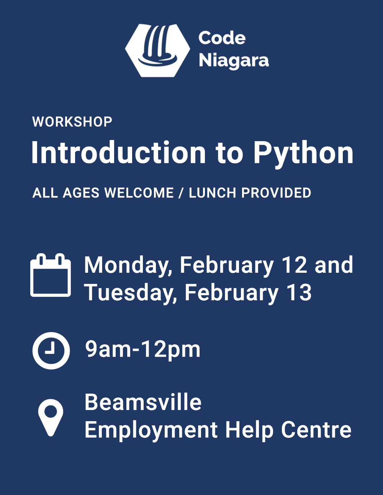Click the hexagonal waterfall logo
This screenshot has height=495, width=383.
tap(157, 50)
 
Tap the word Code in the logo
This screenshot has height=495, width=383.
tap(222, 38)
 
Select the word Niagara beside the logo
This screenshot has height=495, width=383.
tap(234, 61)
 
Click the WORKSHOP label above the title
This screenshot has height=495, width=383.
tap(72, 122)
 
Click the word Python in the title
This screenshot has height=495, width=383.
tap(303, 154)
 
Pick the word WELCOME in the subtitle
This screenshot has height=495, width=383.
tap(139, 193)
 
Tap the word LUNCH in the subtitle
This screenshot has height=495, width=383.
tap(212, 193)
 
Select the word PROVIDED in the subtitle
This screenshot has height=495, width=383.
tap(276, 193)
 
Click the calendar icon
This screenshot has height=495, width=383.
tap(51, 275)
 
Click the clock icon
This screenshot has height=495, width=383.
tap(51, 350)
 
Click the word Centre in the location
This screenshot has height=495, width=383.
tap(316, 429)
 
